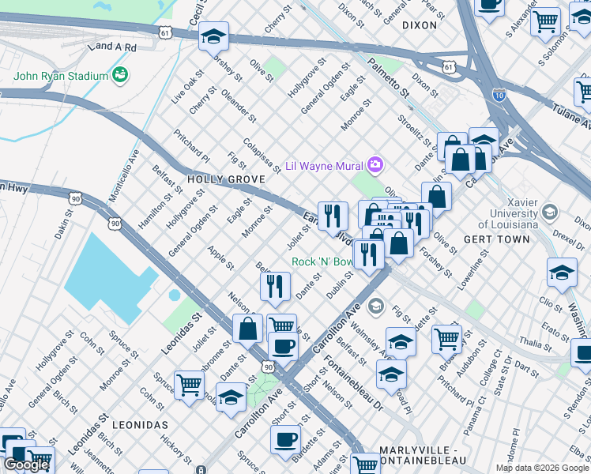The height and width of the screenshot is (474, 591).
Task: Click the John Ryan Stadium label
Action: [60, 76]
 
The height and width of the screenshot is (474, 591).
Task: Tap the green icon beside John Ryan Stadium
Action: [120, 75]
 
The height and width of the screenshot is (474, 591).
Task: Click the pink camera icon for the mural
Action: [375, 165]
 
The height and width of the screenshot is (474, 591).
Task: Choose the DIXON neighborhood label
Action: [419, 25]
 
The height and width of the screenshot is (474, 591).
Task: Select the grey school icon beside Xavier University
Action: [549, 212]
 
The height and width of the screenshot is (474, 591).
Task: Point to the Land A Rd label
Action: [113, 47]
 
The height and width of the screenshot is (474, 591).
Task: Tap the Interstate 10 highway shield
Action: [499, 94]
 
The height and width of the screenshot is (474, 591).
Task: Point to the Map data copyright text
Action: [542, 468]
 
